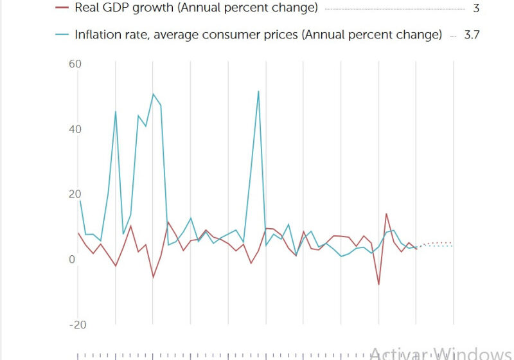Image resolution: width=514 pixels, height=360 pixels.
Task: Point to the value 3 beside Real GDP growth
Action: click(476, 9)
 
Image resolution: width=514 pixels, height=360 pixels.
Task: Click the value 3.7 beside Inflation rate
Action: click(472, 35)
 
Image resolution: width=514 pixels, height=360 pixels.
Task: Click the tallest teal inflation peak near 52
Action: click(258, 91)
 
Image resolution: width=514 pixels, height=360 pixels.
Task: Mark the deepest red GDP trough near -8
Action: click(379, 284)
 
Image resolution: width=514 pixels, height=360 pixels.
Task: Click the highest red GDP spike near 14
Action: click(386, 213)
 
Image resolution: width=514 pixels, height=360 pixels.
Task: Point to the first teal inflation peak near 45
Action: click(116, 111)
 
